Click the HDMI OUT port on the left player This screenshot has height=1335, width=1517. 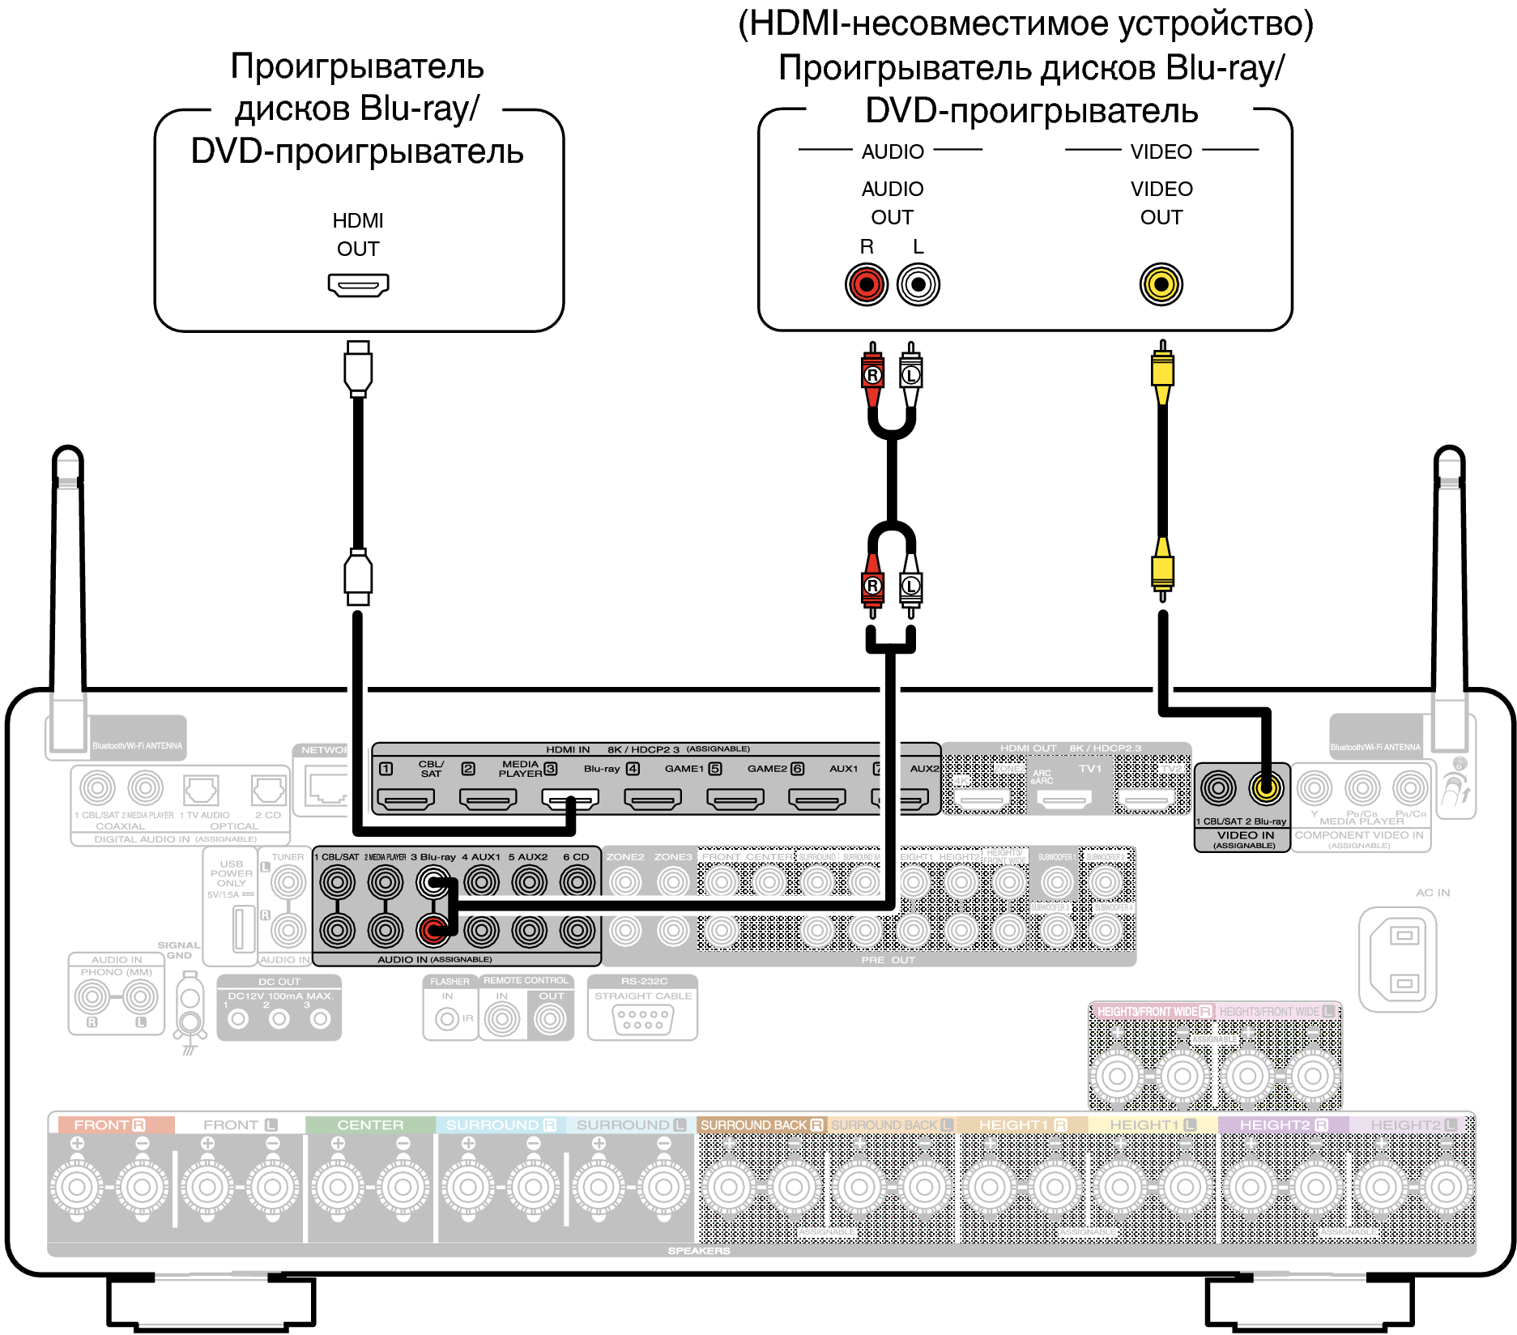358,285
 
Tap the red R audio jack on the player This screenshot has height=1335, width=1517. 867,285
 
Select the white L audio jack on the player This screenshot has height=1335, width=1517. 918,285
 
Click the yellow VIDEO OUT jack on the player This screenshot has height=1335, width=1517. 1161,284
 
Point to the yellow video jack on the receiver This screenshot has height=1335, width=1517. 1266,787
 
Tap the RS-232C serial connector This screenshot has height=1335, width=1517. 643,1020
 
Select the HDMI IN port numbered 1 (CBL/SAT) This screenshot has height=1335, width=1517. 407,800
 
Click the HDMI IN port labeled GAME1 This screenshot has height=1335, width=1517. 653,800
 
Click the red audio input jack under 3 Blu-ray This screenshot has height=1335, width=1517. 433,931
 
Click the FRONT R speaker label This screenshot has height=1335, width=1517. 110,1125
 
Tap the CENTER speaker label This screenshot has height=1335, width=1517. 370,1125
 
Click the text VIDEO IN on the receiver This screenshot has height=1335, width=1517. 1245,835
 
